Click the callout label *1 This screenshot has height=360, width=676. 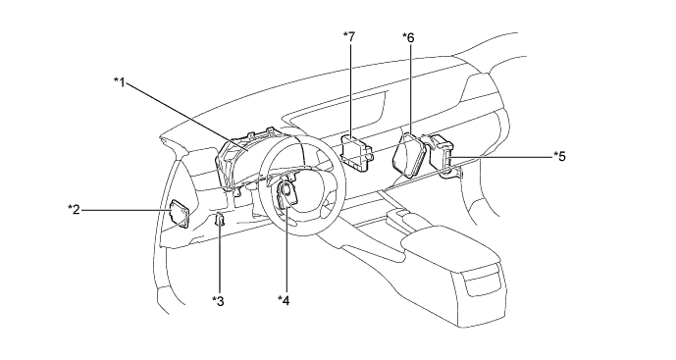120,81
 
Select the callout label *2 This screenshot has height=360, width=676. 74,210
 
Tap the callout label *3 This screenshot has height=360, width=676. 218,301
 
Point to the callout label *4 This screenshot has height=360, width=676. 284,299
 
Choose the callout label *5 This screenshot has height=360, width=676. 559,156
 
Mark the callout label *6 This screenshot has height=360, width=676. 408,38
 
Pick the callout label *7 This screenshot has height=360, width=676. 349,37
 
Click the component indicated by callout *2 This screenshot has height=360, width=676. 179,214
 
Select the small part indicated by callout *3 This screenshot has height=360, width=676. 220,220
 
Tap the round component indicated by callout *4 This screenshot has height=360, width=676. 286,193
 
